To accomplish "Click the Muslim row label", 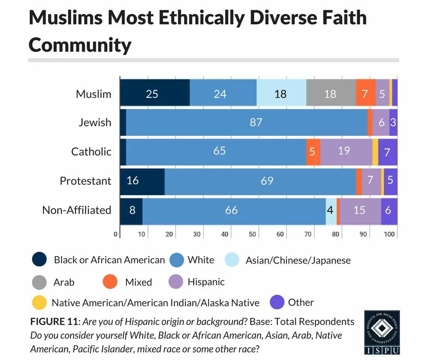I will click(93, 94).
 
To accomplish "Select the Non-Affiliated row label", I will click(77, 210).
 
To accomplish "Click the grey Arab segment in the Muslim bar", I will click(331, 94).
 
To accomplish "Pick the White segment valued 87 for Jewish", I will click(246, 122).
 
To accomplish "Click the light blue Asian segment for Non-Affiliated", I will click(331, 210).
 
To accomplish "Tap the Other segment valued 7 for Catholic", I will click(387, 152).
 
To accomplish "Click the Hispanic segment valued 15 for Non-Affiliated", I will click(360, 210).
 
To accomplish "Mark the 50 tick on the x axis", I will click(252, 234).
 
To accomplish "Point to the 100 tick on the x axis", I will click(389, 234).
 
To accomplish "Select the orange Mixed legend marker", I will click(110, 282).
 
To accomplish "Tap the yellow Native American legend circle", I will click(39, 303).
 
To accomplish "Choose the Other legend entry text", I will click(301, 302).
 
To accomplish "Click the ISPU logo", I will click(382, 333).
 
